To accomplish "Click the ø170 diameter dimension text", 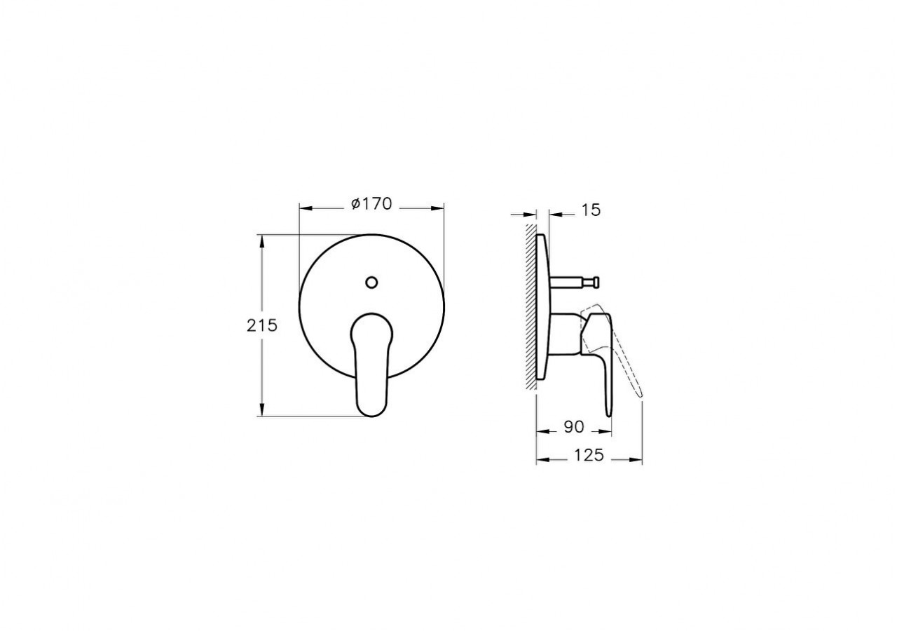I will click(371, 204).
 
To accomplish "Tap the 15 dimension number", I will click(591, 210).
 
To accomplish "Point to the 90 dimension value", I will click(573, 426).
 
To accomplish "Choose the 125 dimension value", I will click(589, 455).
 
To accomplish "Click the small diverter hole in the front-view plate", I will click(371, 283).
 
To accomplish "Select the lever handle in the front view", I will click(371, 365).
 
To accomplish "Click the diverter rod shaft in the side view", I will click(569, 282).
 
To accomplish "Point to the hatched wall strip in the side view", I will click(530, 308).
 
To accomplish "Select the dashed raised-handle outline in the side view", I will click(628, 365).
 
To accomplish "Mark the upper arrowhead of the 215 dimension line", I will click(262, 240).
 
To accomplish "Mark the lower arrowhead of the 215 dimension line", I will click(262, 412).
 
